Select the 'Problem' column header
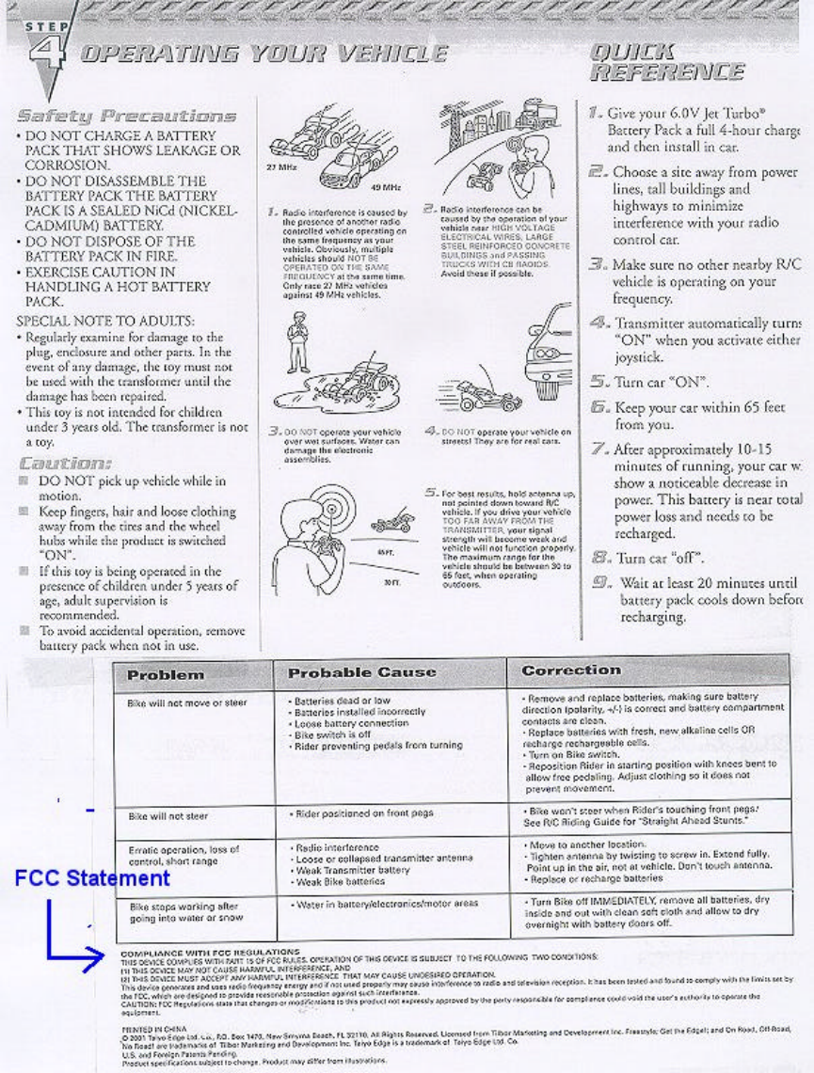(166, 674)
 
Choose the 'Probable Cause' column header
(361, 673)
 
